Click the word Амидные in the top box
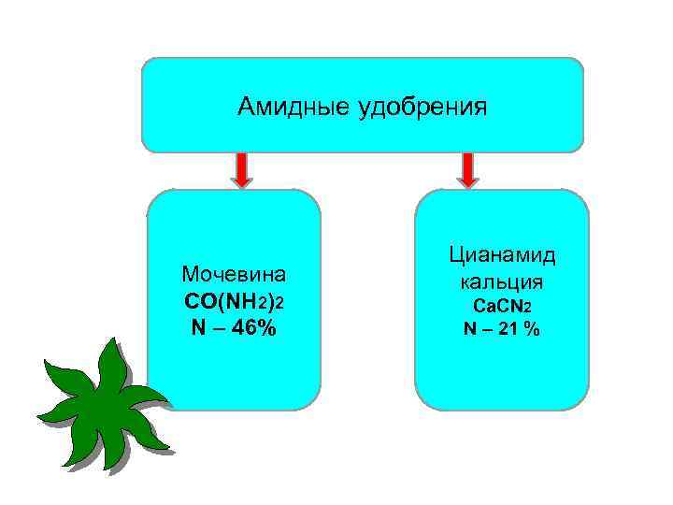[x=293, y=107]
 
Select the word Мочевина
[x=234, y=275]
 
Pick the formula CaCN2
[x=502, y=306]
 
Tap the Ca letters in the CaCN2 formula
[x=482, y=306]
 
